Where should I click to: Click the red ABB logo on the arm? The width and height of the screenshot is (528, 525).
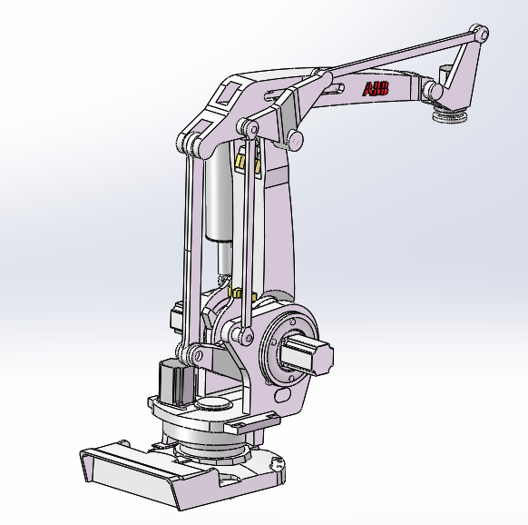coord(376,89)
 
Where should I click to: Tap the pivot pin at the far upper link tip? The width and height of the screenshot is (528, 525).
coord(480,35)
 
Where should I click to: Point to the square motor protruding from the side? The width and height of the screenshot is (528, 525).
coord(308,355)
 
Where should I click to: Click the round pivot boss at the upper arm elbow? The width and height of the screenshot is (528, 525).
coord(294,139)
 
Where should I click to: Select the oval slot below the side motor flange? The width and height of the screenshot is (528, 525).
coord(283,396)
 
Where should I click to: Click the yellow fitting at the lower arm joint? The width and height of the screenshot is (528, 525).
coord(237,293)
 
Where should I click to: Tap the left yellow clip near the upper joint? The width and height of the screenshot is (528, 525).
coord(240,163)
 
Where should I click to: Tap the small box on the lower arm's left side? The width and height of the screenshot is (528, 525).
coord(176,319)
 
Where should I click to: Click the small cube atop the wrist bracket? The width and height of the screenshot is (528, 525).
coord(444,73)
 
